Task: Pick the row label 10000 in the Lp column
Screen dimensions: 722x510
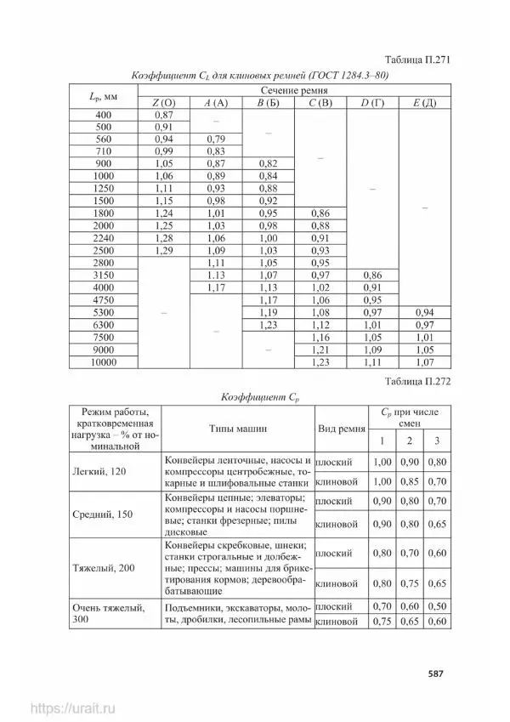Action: pos(104,363)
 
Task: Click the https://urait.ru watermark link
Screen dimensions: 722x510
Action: pos(71,708)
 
